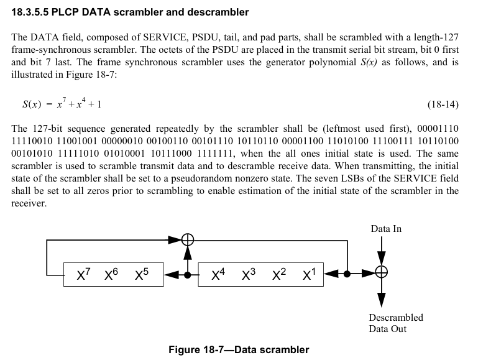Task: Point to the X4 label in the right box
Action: click(218, 274)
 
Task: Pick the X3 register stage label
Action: click(249, 274)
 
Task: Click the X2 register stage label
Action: click(279, 274)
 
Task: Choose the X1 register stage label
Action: click(309, 274)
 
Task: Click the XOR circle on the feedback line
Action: click(188, 239)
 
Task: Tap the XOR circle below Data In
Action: click(382, 272)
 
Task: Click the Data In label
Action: click(386, 229)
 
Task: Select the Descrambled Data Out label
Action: click(395, 323)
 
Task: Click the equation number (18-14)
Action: click(443, 104)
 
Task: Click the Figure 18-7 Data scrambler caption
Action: click(239, 349)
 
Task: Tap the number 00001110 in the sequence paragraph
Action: click(440, 129)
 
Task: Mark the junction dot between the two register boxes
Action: click(188, 273)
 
